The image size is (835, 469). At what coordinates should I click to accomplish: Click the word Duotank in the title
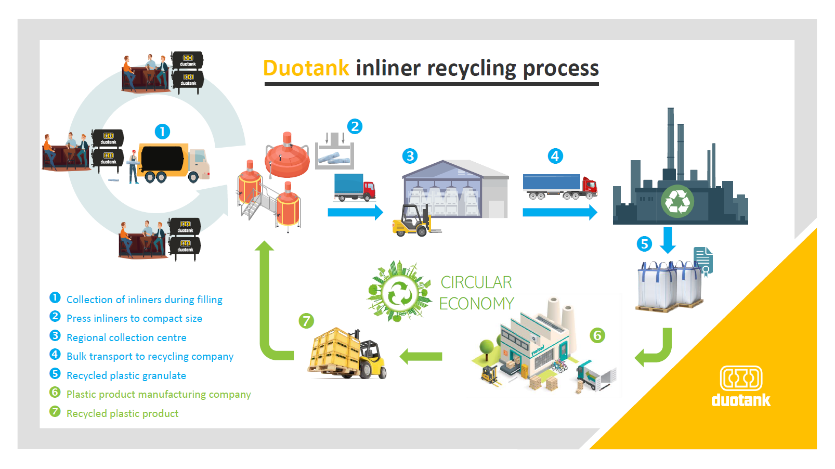(x=306, y=68)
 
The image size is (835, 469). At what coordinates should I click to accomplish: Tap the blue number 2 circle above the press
(x=355, y=126)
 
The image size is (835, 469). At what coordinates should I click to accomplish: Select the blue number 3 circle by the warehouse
(x=410, y=156)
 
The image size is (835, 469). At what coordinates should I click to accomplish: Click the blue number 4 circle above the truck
(x=555, y=156)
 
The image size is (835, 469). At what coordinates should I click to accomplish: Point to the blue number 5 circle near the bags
(x=644, y=244)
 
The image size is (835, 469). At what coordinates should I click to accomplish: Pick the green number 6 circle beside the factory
(x=597, y=335)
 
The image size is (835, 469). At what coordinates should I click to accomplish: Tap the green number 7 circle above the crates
(x=306, y=321)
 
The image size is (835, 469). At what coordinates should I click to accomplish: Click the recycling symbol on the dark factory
(x=677, y=201)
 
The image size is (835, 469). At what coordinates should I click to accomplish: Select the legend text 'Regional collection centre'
(x=126, y=337)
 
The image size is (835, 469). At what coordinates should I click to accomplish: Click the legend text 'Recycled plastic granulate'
(x=126, y=375)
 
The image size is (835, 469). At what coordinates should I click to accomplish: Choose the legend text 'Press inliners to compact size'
(x=134, y=318)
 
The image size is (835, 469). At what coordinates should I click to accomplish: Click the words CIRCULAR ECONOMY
(x=476, y=293)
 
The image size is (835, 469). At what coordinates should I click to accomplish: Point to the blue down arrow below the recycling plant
(x=668, y=240)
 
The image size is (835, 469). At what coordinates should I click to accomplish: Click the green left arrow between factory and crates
(x=421, y=356)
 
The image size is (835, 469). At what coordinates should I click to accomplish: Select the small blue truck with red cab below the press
(x=354, y=188)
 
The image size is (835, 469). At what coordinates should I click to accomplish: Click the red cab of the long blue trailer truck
(x=589, y=187)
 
